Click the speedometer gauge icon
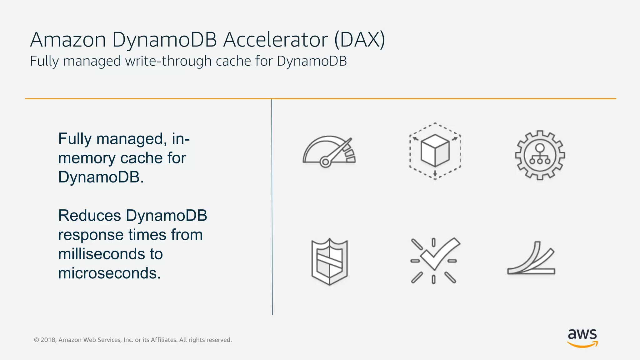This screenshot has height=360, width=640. click(x=329, y=152)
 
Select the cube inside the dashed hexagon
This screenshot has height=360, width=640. click(x=435, y=150)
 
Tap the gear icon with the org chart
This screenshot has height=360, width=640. click(x=540, y=155)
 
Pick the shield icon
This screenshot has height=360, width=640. click(x=329, y=262)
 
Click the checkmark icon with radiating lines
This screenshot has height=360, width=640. click(x=434, y=260)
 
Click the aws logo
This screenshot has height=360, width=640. click(x=582, y=337)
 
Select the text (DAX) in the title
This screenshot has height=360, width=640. click(x=359, y=40)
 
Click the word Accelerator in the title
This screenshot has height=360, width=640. click(x=275, y=40)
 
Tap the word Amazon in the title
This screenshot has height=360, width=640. click(x=68, y=40)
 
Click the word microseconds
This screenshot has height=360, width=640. click(x=109, y=273)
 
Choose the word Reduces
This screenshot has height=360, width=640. click(x=89, y=216)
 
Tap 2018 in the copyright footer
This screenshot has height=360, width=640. click(x=48, y=340)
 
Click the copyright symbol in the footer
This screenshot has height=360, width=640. click(x=36, y=340)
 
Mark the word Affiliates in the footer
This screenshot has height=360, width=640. click(x=164, y=340)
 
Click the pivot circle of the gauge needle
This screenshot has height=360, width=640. click(x=325, y=162)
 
